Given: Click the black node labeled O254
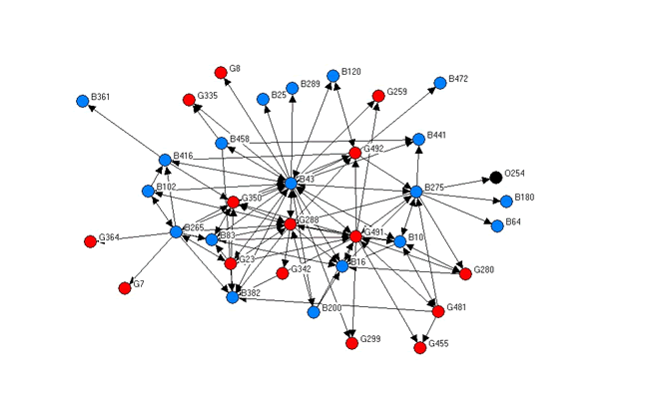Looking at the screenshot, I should [x=495, y=178].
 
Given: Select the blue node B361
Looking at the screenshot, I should [x=82, y=101].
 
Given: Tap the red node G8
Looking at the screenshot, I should [x=221, y=72].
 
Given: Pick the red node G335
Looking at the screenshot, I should [x=188, y=100].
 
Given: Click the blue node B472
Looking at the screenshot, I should [x=439, y=82].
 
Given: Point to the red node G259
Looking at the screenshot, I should [x=377, y=96].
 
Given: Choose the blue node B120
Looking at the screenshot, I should [x=332, y=76].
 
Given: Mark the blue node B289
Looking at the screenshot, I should [x=293, y=88].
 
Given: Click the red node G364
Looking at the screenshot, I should [x=90, y=240].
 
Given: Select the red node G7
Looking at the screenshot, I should [x=124, y=288].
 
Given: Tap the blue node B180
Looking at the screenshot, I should [x=506, y=201].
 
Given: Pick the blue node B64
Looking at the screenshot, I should [x=496, y=225].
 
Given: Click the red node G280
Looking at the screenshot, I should [x=464, y=273].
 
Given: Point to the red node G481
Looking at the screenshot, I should [x=437, y=311].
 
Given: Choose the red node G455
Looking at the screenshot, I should [x=420, y=348].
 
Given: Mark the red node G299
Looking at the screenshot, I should [x=351, y=343].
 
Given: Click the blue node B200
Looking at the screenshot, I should [x=314, y=311].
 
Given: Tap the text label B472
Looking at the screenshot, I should [x=458, y=78].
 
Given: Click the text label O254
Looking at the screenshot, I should [x=515, y=174].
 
